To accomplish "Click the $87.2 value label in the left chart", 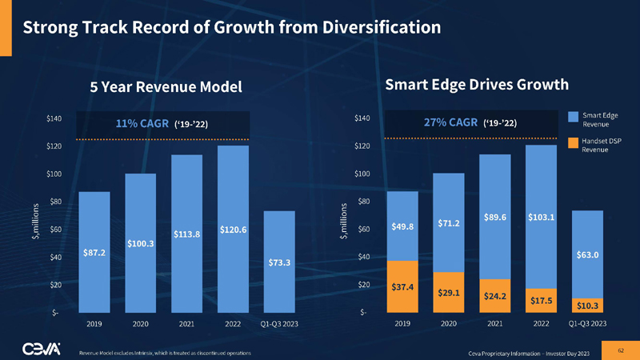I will click(94, 252).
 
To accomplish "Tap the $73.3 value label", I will click(279, 262).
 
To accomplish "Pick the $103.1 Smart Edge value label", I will click(542, 217).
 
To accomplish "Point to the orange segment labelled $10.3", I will click(588, 305).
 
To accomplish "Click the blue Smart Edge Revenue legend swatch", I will click(573, 117).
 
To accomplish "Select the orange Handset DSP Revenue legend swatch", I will click(573, 143).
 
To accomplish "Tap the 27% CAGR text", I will click(450, 123).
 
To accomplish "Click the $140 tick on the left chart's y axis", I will click(54, 119).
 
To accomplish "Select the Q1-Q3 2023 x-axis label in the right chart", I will click(587, 324).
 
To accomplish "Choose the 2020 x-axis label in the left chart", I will click(141, 324).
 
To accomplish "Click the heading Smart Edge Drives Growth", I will click(477, 84).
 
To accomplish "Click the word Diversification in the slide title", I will click(378, 26).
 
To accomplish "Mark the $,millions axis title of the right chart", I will click(345, 222).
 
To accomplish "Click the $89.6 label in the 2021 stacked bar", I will click(494, 217).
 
